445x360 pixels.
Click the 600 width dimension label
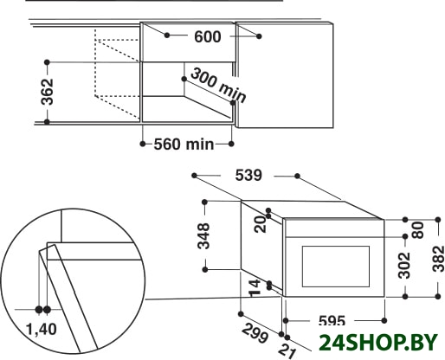pyautogui.click(x=208, y=37)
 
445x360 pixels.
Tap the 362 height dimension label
pyautogui.click(x=48, y=92)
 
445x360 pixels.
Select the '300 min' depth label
pyautogui.click(x=218, y=86)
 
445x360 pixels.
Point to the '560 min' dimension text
pyautogui.click(x=184, y=144)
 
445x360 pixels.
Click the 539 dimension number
pyautogui.click(x=248, y=175)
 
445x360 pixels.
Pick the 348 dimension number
pyautogui.click(x=203, y=235)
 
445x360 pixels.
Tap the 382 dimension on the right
pyautogui.click(x=438, y=259)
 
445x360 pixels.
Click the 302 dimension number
pyautogui.click(x=404, y=266)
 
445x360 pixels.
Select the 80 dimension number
pyautogui.click(x=418, y=230)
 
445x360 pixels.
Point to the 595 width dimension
pyautogui.click(x=332, y=320)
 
